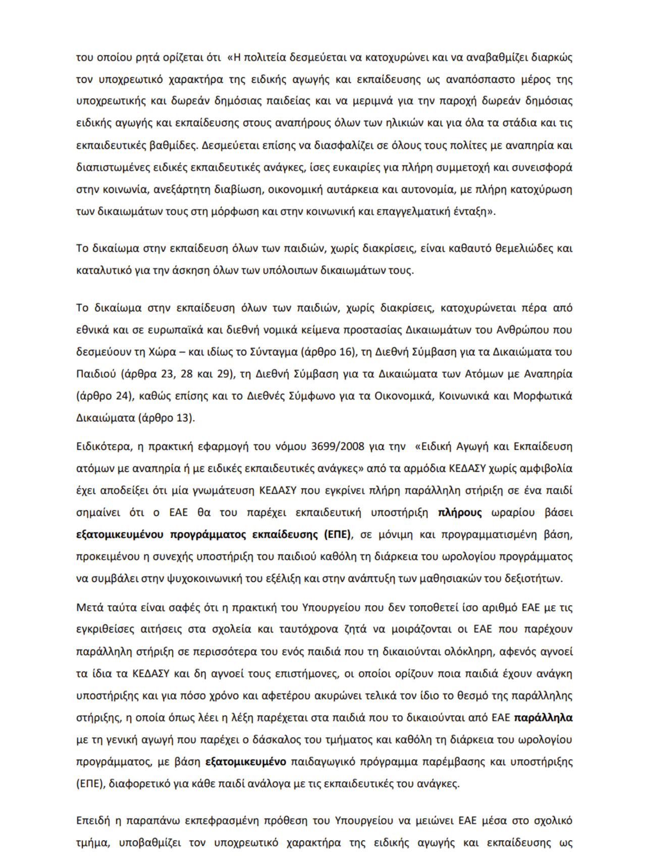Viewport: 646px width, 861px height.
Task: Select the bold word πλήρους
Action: pos(460,513)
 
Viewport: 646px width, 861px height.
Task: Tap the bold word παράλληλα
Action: pos(543,718)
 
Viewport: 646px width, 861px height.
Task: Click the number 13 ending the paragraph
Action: pos(183,418)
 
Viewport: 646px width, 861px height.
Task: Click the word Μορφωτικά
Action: pos(543,396)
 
